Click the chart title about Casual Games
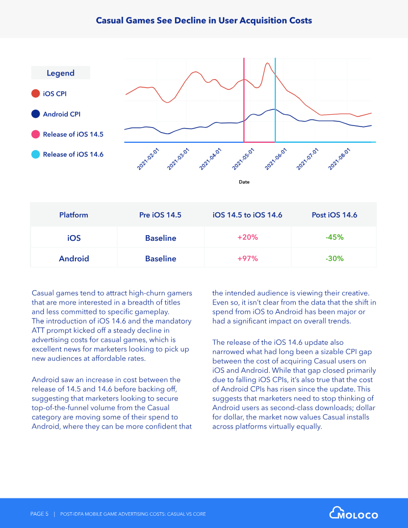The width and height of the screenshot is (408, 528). tap(203, 20)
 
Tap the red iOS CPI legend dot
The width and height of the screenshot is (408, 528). tap(36, 94)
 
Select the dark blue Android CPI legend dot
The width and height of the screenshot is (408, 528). tap(36, 114)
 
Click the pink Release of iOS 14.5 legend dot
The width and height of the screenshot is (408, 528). tap(36, 134)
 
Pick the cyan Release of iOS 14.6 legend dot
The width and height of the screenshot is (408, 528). tap(36, 154)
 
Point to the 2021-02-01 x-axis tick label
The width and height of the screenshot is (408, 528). tap(148, 159)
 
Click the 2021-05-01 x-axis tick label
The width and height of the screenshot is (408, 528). tap(243, 159)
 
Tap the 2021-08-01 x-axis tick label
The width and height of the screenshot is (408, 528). tap(339, 159)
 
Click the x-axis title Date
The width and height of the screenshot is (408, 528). tap(244, 182)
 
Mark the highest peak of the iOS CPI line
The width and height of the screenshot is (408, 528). tap(267, 63)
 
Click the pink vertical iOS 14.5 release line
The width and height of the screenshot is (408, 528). tap(244, 100)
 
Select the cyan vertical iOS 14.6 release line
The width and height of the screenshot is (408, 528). tap(275, 100)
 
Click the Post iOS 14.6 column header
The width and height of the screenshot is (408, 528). tap(334, 215)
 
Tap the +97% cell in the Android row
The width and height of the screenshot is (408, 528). tap(247, 258)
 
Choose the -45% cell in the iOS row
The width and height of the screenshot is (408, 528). tap(334, 237)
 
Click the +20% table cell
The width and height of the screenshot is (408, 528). tap(247, 237)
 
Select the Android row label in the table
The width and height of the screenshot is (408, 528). tap(74, 258)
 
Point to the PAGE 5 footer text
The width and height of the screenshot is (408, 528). tap(39, 514)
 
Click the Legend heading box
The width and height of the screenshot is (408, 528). tap(61, 73)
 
